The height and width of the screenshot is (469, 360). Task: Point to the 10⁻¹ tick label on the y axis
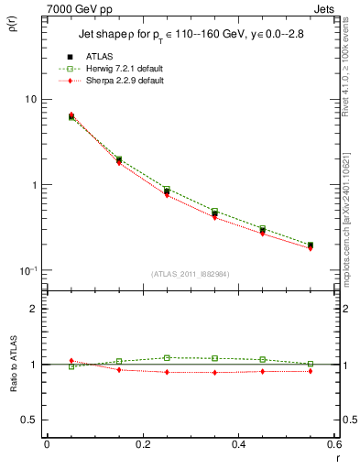27,270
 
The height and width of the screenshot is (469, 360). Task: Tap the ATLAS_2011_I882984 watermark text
191,274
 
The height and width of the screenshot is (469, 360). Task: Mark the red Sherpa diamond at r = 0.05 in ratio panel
71,361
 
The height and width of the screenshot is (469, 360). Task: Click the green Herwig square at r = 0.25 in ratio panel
167,357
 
